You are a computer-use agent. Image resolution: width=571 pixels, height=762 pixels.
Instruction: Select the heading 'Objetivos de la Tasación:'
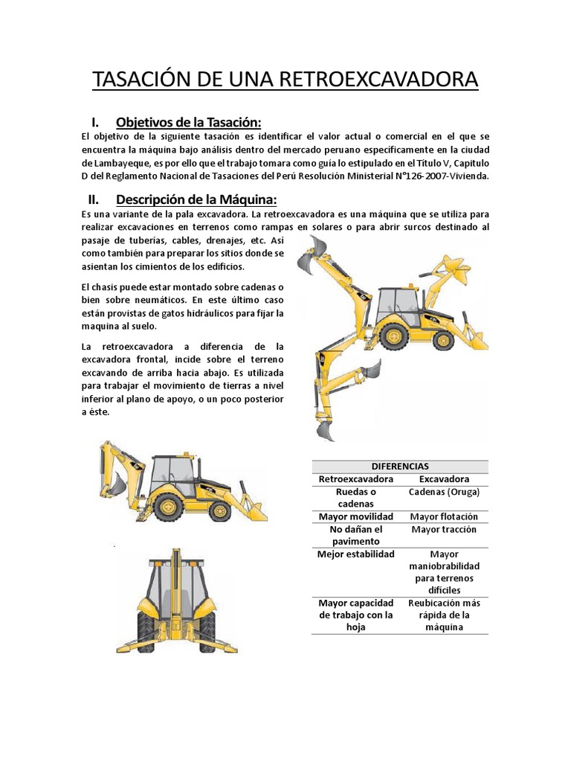coord(189,122)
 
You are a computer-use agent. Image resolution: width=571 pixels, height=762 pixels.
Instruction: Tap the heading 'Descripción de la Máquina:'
coord(196,199)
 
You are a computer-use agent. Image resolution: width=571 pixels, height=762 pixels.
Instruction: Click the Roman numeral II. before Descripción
coord(94,199)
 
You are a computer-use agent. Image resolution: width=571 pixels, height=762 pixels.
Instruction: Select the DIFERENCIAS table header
coord(400,466)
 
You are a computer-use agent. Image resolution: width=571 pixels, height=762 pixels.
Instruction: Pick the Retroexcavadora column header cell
coord(355,479)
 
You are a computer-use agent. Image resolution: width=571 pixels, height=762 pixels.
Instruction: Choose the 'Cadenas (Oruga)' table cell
coord(444,493)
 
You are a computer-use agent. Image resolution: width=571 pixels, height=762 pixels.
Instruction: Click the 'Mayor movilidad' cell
coord(355,516)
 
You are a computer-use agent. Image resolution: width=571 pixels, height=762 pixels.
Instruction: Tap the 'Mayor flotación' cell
coord(444,516)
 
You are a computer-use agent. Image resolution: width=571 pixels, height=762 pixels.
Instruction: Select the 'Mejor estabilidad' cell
coord(355,554)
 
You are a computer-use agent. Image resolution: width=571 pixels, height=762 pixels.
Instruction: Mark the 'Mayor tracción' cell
coord(444,530)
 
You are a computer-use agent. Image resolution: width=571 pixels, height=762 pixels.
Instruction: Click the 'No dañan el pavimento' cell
coord(355,535)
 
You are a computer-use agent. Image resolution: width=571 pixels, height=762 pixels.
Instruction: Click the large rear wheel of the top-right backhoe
coord(394,334)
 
